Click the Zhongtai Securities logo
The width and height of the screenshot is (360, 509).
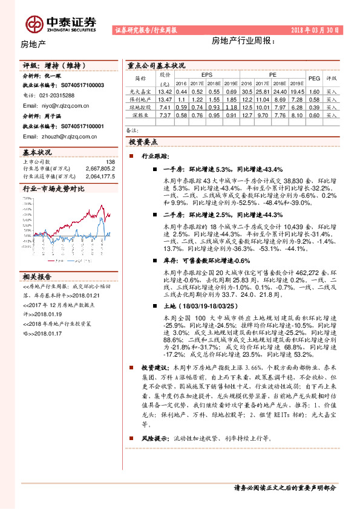click(61, 22)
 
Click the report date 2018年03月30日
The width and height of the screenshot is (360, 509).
click(316, 30)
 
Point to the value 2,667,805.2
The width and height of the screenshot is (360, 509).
click(100, 169)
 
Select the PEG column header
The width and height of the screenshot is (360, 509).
click(314, 78)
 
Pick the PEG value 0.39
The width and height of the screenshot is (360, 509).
click(314, 106)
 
